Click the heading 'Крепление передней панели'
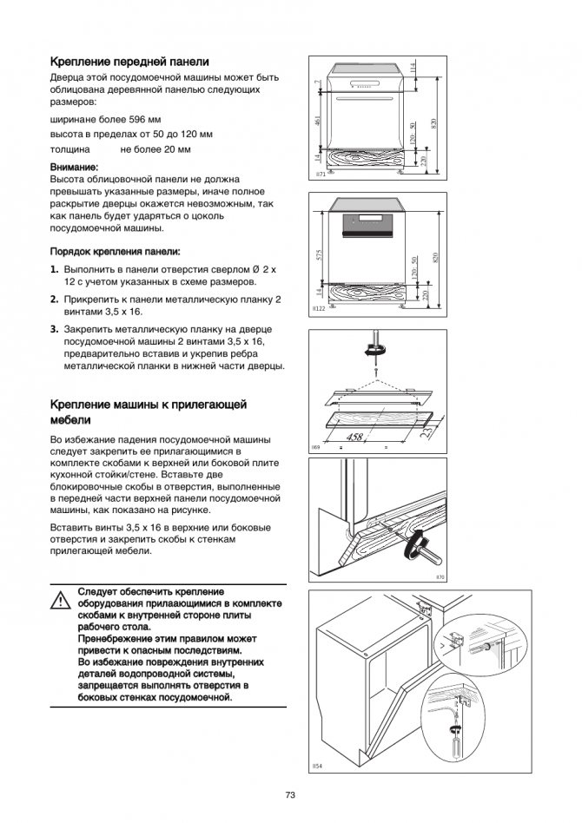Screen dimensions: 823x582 [129, 63]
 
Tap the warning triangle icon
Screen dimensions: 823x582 [60, 600]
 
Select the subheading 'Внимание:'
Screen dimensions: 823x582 [75, 166]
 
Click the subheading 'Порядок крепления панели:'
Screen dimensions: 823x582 [115, 251]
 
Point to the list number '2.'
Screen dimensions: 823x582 [55, 300]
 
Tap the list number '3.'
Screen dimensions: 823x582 [55, 329]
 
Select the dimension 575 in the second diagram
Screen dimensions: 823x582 [319, 255]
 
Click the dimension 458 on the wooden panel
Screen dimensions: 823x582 [355, 437]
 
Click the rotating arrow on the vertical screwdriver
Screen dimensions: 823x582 [375, 350]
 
